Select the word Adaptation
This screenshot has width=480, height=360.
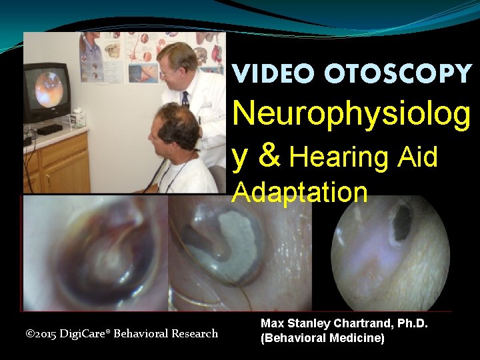point(300,192)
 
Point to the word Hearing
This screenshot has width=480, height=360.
point(339,157)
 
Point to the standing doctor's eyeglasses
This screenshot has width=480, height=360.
point(169,71)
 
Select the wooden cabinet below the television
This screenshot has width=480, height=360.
point(57,163)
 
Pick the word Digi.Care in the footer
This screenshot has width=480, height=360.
point(86,333)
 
